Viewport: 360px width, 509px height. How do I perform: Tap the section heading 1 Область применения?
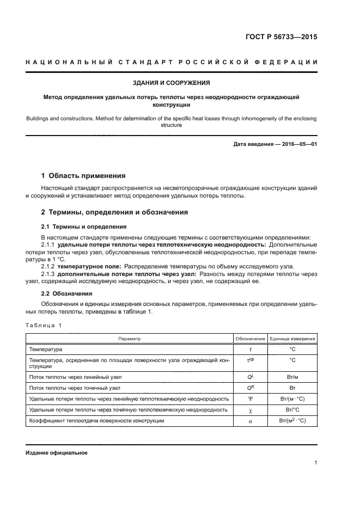[83, 175]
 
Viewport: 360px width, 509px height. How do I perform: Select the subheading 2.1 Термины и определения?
[84, 226]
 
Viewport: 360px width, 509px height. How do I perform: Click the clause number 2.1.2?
[48, 266]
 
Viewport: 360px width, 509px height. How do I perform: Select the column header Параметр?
[129, 339]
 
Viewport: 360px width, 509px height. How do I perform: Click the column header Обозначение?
[250, 339]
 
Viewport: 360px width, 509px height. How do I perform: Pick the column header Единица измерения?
[292, 339]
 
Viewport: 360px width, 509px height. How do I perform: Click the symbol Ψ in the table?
[250, 399]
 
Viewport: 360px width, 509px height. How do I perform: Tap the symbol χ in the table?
[250, 409]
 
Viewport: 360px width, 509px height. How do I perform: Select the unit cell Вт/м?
[292, 377]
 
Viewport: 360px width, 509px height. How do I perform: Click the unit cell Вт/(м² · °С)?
[292, 420]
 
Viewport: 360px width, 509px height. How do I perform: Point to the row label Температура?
[46, 348]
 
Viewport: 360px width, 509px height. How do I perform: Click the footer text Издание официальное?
[56, 452]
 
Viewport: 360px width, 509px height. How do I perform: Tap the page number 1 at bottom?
[316, 463]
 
